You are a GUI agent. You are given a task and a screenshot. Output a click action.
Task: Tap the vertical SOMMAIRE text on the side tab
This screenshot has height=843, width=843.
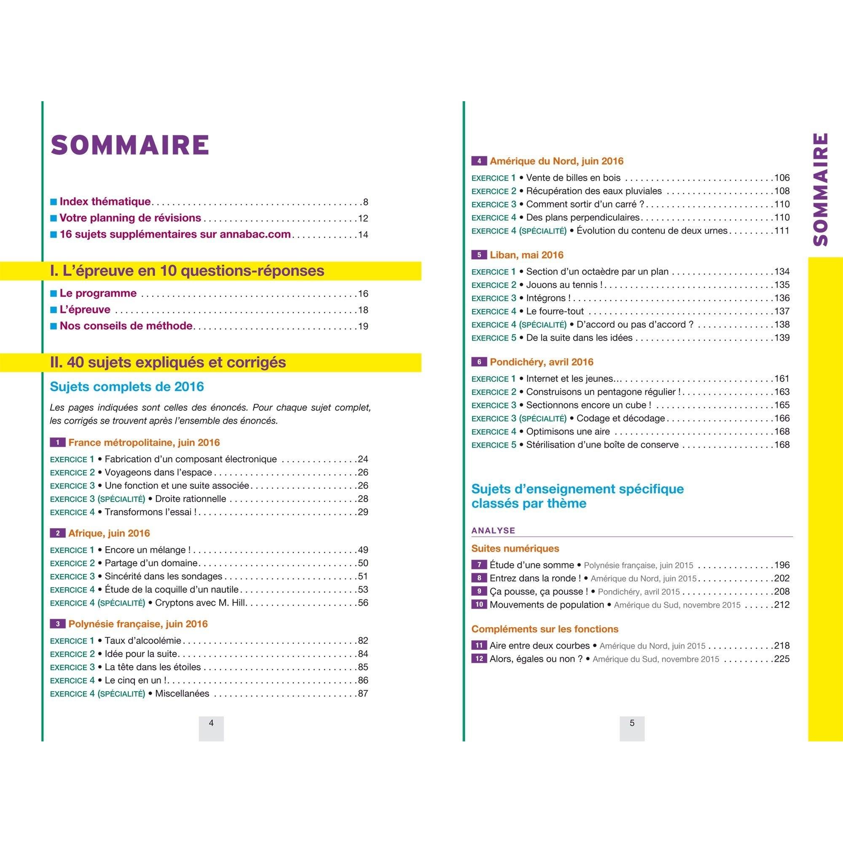point(821,190)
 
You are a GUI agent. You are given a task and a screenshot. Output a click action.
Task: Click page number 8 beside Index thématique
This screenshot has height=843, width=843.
point(365,202)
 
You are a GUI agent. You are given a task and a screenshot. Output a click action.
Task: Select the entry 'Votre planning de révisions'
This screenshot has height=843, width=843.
point(130,218)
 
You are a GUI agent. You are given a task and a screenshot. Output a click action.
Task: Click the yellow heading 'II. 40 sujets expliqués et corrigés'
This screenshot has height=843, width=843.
point(169,362)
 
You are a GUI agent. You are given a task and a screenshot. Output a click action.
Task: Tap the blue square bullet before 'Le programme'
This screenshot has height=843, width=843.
point(54,293)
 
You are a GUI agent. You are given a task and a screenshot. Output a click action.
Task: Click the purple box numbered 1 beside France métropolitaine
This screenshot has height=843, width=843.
point(57,443)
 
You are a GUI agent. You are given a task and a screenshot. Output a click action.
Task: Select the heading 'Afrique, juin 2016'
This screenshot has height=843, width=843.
point(109,533)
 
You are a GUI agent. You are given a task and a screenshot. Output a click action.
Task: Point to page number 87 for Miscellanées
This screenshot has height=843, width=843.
point(362,693)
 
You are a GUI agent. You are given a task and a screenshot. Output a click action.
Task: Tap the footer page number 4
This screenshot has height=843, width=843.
point(211,723)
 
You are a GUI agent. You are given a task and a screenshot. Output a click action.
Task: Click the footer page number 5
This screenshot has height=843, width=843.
point(632,723)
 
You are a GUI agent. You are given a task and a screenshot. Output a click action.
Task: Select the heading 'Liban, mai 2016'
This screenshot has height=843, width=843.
point(526,255)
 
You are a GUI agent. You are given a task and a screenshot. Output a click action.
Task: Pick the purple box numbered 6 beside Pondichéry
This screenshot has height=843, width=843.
point(479,362)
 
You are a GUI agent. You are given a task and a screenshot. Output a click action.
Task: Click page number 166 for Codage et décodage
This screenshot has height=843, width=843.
point(782,418)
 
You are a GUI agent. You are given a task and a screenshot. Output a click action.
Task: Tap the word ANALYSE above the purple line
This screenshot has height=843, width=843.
point(493,531)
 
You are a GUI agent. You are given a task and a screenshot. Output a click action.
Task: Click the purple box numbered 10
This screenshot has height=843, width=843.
point(479,605)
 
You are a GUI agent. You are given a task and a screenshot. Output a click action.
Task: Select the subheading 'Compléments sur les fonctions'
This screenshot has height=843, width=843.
point(545,629)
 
